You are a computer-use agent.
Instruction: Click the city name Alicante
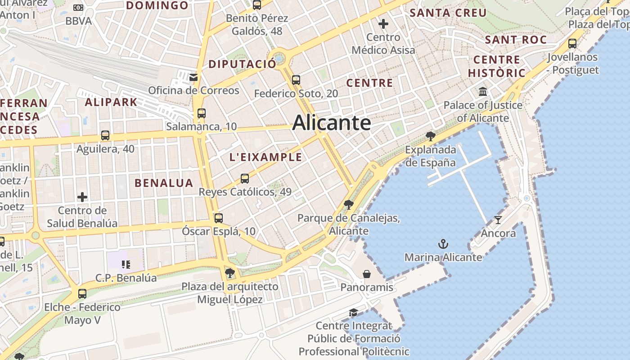(x=332, y=123)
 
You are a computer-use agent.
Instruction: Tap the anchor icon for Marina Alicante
(x=443, y=244)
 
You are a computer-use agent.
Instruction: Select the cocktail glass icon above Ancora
(x=498, y=220)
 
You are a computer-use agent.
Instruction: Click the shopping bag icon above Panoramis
(x=367, y=274)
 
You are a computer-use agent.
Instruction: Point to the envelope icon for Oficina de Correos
(x=193, y=77)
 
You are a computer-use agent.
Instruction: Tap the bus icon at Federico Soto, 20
(x=296, y=80)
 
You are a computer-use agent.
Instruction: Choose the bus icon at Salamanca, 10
(x=201, y=113)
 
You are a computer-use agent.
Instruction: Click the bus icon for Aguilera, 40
(x=105, y=135)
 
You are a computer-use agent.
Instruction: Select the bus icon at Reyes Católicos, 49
(x=245, y=179)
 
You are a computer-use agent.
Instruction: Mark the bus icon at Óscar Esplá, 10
(x=218, y=218)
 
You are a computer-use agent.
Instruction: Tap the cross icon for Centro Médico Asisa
(x=383, y=23)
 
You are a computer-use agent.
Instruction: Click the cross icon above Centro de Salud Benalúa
(x=82, y=197)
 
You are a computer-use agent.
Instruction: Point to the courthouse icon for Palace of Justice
(x=483, y=92)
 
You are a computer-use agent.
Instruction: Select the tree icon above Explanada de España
(x=430, y=136)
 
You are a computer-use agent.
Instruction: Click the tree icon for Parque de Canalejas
(x=348, y=205)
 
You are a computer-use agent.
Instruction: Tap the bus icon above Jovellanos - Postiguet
(x=572, y=44)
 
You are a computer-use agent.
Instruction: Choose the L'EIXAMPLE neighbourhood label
(x=265, y=157)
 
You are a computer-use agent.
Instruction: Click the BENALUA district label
(x=164, y=183)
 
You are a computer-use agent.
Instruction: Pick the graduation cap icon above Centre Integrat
(x=353, y=312)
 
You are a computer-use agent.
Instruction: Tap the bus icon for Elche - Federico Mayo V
(x=82, y=294)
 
